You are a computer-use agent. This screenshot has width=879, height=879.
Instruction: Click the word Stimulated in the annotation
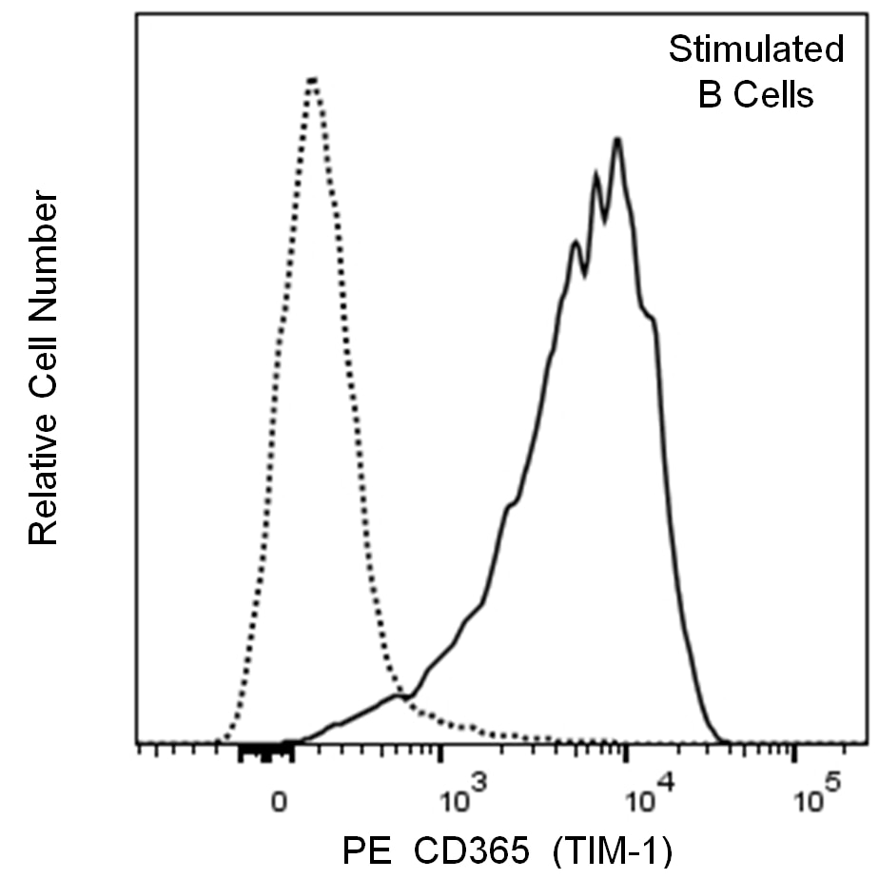pyautogui.click(x=755, y=49)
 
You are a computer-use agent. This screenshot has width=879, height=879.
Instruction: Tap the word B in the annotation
pyautogui.click(x=709, y=95)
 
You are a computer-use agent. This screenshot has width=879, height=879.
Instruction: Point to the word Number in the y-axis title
pyautogui.click(x=44, y=246)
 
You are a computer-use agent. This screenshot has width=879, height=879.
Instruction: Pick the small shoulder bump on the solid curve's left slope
pyautogui.click(x=512, y=504)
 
